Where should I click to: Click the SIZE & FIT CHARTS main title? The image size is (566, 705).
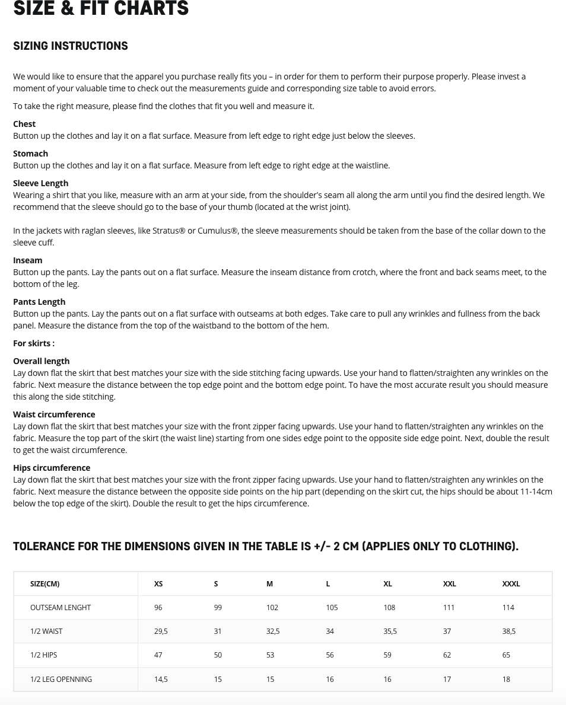pyautogui.click(x=101, y=8)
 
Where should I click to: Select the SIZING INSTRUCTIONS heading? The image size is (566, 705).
pyautogui.click(x=71, y=46)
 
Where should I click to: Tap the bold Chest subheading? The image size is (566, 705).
pyautogui.click(x=24, y=124)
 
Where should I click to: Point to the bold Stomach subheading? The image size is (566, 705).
pyautogui.click(x=31, y=154)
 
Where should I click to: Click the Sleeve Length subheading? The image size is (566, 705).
pyautogui.click(x=41, y=183)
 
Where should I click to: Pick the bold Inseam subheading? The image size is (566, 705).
pyautogui.click(x=28, y=260)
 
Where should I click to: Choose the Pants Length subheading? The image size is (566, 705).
pyautogui.click(x=39, y=302)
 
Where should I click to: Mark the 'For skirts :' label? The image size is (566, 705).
pyautogui.click(x=34, y=343)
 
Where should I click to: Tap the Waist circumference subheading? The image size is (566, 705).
pyautogui.click(x=54, y=414)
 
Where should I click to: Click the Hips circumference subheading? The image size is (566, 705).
pyautogui.click(x=52, y=468)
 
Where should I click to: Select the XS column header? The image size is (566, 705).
pyautogui.click(x=158, y=584)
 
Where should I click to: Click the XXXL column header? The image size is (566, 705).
pyautogui.click(x=511, y=584)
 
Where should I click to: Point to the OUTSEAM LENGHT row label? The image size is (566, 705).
pyautogui.click(x=61, y=608)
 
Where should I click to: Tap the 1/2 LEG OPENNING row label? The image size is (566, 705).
pyautogui.click(x=61, y=680)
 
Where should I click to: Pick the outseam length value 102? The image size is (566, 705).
pyautogui.click(x=272, y=608)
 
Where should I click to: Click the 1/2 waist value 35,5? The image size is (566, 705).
pyautogui.click(x=390, y=631)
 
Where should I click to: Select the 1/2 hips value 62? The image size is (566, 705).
pyautogui.click(x=447, y=655)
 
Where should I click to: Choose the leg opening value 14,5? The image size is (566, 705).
pyautogui.click(x=161, y=680)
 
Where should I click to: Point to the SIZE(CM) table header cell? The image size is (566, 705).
pyautogui.click(x=45, y=584)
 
